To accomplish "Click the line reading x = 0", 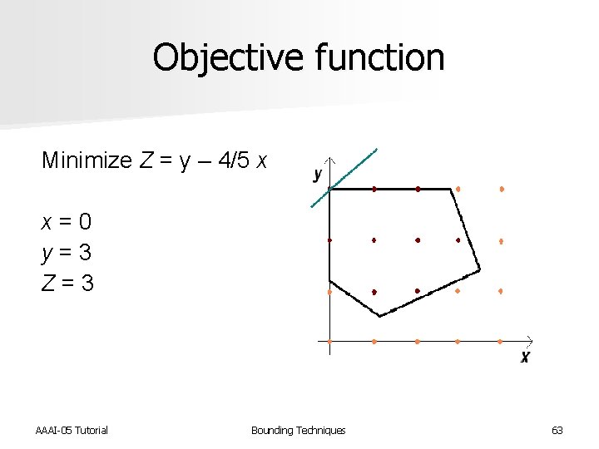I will (67, 222).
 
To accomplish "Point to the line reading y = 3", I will (67, 252).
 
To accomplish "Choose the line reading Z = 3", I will (67, 283).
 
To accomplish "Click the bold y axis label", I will (317, 175).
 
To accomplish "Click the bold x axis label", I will (525, 357).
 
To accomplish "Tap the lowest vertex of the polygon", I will (379, 316).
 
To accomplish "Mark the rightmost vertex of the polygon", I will (480, 269).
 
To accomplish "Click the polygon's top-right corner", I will (456, 190).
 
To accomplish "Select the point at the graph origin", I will (330, 341).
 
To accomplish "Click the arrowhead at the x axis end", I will (529, 340).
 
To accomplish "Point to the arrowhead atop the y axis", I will (330, 160).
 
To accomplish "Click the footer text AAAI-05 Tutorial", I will (72, 430).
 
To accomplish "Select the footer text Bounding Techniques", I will (298, 430).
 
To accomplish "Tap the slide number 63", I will (557, 430).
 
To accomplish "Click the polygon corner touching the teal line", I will (330, 190).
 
